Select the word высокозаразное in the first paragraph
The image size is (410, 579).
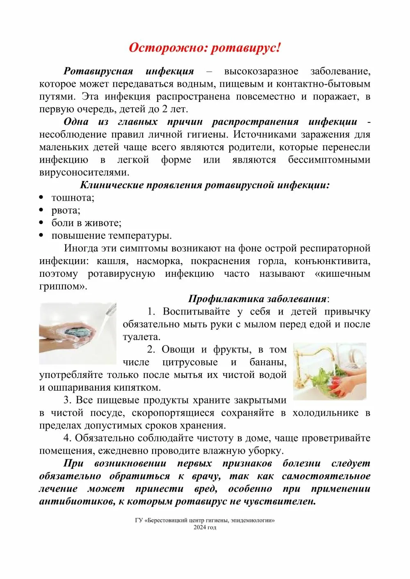(x=261, y=71)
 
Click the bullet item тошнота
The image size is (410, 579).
(x=73, y=198)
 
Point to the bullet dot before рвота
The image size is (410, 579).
(x=41, y=210)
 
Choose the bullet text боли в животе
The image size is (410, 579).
(x=86, y=223)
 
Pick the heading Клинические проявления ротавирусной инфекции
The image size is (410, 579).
(x=205, y=185)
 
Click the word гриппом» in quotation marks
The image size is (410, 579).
(x=63, y=287)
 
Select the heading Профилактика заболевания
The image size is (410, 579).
(x=258, y=299)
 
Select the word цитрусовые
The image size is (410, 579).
(x=190, y=362)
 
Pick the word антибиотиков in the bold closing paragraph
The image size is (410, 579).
(x=77, y=502)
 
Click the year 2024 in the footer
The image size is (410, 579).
(x=200, y=527)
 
